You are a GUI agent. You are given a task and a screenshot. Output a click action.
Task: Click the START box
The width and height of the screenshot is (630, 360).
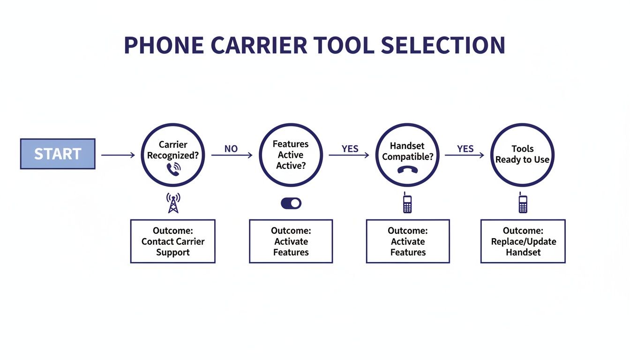point(58,154)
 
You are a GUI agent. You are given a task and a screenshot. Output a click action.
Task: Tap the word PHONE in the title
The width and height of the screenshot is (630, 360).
point(164,45)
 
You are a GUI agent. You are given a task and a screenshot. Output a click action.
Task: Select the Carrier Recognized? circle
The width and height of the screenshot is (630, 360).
point(173,155)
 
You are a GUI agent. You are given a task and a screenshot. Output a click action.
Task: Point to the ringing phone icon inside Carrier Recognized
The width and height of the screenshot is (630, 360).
point(173,169)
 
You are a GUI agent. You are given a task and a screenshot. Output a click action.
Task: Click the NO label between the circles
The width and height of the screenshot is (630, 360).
point(231,149)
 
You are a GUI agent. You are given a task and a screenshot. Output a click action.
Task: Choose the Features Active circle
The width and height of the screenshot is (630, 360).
point(291,155)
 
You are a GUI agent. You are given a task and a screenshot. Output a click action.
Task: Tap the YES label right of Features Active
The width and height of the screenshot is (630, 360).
point(350,149)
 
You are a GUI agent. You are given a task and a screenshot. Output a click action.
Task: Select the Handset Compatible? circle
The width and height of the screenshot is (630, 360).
point(407,155)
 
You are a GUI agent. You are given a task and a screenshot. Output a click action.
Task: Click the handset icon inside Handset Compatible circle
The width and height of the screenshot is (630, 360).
point(407,170)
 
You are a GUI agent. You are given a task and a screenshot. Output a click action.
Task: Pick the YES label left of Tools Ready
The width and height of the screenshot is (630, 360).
point(465,149)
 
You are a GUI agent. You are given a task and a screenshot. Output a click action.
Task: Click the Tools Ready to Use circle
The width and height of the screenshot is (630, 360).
point(523,155)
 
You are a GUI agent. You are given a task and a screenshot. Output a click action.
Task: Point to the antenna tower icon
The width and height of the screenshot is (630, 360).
point(173,203)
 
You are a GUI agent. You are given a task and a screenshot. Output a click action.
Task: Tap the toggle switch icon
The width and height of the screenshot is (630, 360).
point(291,203)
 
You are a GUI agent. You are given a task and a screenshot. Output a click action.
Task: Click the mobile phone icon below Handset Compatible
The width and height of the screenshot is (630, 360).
point(407,203)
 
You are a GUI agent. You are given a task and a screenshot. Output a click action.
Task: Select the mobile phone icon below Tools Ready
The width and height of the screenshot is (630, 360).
point(523,203)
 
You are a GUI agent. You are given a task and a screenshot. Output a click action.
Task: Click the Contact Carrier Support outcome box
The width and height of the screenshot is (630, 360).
point(172,241)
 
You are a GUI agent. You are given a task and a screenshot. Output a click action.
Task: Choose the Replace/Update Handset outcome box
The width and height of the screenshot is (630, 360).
point(523,241)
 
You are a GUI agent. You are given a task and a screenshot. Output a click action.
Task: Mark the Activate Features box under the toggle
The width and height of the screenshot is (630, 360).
point(291,241)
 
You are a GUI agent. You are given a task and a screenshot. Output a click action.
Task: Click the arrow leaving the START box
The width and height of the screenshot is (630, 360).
point(118,155)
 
